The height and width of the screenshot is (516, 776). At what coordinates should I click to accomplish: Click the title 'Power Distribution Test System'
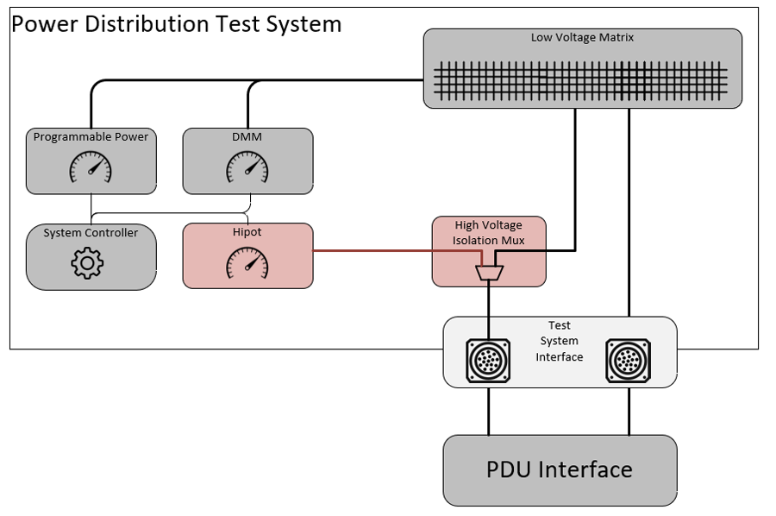tap(177, 24)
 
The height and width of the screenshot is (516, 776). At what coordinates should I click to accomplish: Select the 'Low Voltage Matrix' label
tap(582, 37)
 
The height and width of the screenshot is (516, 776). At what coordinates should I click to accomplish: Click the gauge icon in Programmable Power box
tap(91, 167)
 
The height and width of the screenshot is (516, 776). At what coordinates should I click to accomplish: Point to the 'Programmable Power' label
tap(91, 136)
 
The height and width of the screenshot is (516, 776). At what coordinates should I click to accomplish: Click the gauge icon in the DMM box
tap(247, 167)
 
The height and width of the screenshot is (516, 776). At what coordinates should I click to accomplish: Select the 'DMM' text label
tap(247, 136)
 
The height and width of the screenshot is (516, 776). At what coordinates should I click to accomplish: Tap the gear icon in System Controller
tap(87, 262)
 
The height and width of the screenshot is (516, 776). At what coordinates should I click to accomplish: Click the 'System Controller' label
tap(91, 233)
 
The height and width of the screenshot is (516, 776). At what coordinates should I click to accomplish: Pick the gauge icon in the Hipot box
tap(247, 263)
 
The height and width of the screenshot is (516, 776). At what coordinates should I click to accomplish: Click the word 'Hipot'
tap(247, 232)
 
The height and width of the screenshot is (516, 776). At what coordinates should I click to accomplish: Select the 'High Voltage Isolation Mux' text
tap(489, 233)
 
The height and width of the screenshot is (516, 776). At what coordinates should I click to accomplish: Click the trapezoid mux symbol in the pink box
tap(489, 274)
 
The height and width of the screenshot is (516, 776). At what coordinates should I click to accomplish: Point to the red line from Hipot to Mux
tap(371, 251)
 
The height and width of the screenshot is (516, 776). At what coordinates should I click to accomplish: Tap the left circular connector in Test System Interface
tap(489, 361)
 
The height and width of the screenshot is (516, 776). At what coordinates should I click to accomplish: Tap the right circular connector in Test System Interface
tap(629, 361)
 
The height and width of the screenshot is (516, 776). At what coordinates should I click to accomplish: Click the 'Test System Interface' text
tap(560, 342)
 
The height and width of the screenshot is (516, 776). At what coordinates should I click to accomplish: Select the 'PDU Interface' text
tap(560, 469)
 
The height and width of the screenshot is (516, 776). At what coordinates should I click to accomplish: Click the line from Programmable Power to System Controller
tap(91, 208)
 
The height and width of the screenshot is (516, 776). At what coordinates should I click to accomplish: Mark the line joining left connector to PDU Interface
tap(489, 411)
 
